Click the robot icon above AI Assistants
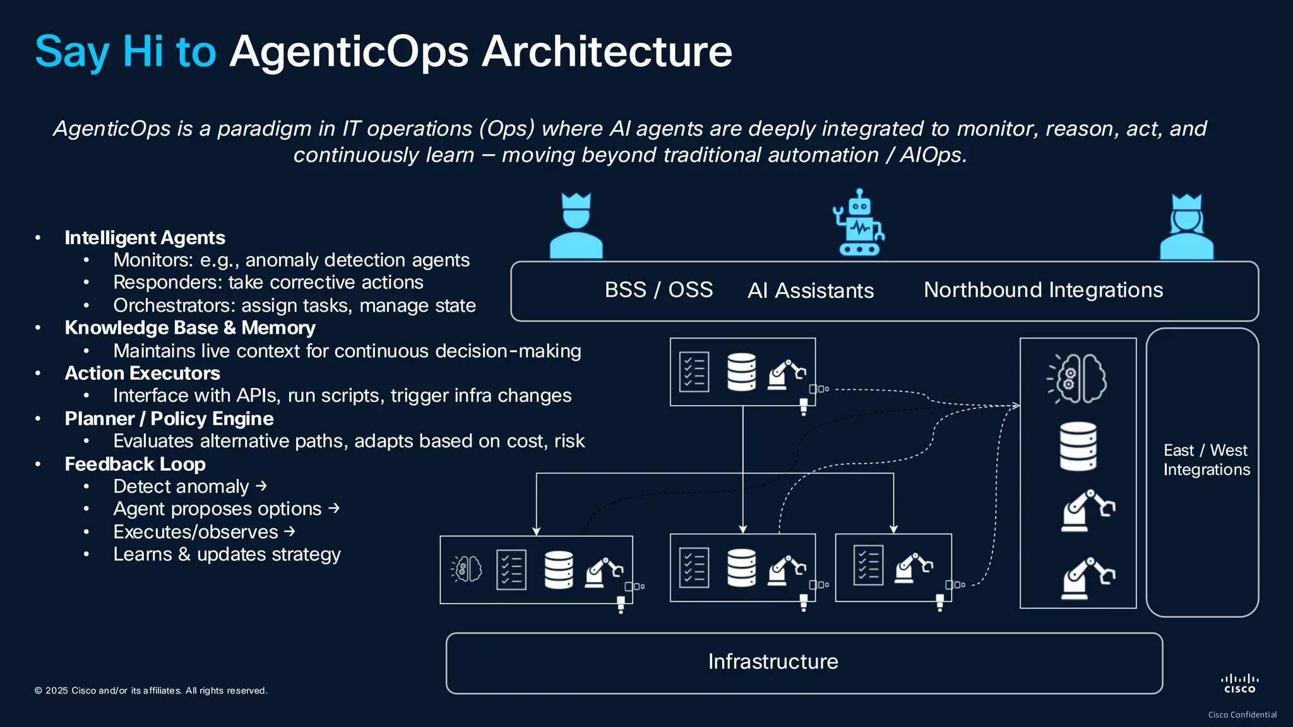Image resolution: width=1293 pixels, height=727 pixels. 858,223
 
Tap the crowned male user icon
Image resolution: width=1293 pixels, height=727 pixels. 576,227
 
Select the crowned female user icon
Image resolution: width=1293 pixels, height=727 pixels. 1186,227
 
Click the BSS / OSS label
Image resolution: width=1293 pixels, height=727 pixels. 658,290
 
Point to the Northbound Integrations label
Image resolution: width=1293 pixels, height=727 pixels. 1043,290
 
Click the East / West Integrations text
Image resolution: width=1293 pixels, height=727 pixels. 1206,459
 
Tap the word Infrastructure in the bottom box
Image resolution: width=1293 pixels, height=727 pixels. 773,661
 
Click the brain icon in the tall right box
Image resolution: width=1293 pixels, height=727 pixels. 1078,378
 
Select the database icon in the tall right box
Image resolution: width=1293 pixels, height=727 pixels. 1078,446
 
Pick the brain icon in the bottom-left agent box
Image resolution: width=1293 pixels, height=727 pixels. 467,569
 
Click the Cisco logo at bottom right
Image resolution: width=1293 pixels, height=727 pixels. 1239,683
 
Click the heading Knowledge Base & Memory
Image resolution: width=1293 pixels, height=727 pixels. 190,328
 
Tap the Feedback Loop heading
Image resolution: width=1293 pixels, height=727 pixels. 135,464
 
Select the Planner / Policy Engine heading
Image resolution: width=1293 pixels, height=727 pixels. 169,418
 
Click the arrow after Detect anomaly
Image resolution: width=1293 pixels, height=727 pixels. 261,486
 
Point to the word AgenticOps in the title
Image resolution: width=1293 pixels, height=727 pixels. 349,51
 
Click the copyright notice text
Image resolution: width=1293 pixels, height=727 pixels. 151,690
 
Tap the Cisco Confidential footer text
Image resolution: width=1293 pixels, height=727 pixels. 1242,715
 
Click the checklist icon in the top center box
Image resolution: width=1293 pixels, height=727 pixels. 694,372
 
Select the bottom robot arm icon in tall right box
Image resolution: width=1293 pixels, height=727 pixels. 1088,577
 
